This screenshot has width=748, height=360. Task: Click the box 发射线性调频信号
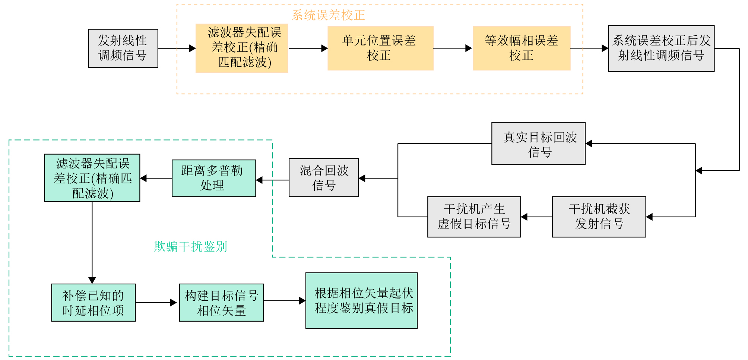123,48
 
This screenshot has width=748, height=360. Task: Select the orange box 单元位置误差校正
380,48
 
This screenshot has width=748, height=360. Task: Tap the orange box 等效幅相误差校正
521,48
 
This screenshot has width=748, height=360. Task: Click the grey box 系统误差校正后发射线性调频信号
661,48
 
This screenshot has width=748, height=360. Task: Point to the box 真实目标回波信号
538,143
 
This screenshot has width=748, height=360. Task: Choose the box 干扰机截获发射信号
599,217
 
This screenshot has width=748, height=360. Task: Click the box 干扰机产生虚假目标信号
474,217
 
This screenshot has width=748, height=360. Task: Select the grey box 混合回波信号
323,177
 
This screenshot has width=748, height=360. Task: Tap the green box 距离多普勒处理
213,178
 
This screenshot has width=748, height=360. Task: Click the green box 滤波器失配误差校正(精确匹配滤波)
92,178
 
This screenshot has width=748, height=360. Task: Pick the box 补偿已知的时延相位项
93,302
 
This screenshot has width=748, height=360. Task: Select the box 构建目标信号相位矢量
221,302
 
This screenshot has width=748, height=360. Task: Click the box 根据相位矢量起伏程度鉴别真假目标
361,300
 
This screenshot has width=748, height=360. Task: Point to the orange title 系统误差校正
328,15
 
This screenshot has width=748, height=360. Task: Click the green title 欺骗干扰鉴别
190,246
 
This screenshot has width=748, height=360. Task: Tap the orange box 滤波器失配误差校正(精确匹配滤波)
242,48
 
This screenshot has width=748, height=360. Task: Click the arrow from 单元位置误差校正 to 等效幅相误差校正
453,48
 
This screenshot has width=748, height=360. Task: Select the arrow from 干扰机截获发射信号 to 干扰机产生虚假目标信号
536,217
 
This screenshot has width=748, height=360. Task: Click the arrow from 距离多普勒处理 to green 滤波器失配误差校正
156,179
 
